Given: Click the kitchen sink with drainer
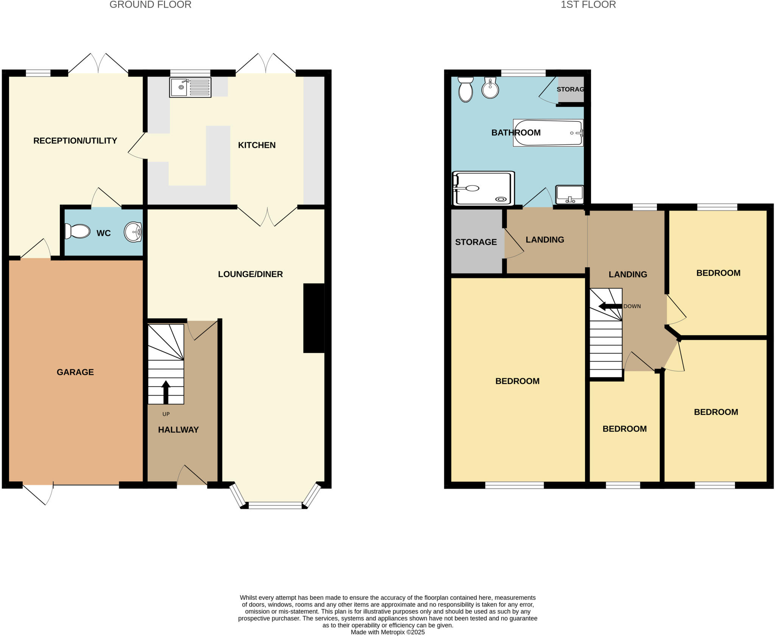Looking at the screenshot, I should point(190,87).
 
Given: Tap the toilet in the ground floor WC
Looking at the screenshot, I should point(78,231).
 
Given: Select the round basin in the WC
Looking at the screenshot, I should point(133,232).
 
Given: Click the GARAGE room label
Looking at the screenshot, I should point(75,372).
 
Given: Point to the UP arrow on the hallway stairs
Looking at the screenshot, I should point(166,392).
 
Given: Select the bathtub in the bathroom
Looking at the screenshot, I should point(548,133).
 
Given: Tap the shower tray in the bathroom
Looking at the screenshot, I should point(483,188).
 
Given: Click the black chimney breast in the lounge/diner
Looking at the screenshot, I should point(314,318).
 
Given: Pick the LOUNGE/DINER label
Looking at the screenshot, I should point(250,274).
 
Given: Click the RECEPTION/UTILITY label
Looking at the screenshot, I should point(75,141).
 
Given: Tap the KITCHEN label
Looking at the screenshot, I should point(257,145).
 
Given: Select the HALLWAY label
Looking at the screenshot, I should point(178,429).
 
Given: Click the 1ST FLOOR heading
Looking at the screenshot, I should point(588,5).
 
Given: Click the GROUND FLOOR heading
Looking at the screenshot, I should point(150,5).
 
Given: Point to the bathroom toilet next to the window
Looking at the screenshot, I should point(465,89).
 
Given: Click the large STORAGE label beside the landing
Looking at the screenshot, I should point(476,242).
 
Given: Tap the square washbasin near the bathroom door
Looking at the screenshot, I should point(569,194).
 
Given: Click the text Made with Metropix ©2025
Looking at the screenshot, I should point(387,632).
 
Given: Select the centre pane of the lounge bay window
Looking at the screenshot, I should point(275,505).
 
